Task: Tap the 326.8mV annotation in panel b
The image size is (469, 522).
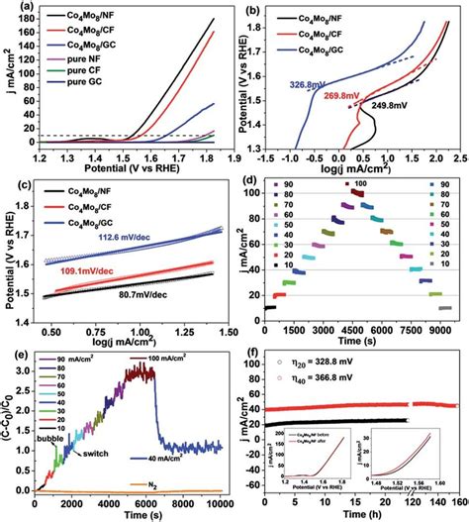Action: tap(297, 85)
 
